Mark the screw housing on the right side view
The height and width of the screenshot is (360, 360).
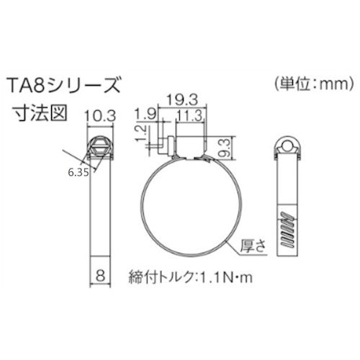pyautogui.click(x=287, y=146)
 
